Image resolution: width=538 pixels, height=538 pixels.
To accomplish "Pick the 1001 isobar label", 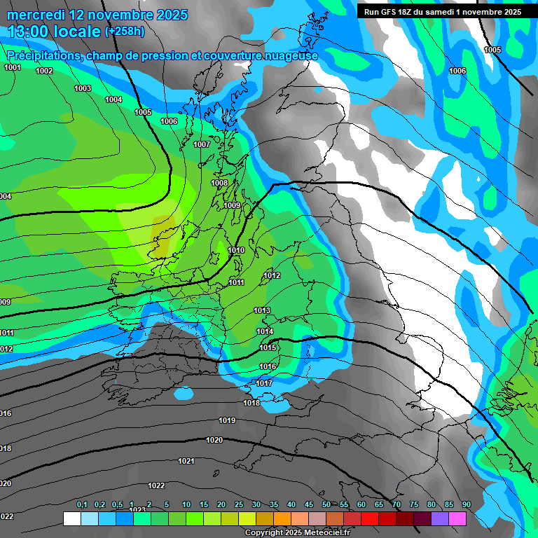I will click(x=13, y=67).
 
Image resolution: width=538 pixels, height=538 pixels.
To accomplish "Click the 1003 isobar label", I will click(x=83, y=88).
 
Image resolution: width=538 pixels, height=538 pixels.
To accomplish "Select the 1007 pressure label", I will click(x=202, y=144).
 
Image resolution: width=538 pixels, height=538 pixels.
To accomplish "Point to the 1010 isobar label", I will click(x=236, y=250).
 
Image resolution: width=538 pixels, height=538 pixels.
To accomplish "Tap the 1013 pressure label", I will click(x=262, y=310).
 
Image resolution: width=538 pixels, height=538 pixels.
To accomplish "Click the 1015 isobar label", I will click(x=268, y=347).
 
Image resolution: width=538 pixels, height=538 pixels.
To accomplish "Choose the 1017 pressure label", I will click(x=264, y=383).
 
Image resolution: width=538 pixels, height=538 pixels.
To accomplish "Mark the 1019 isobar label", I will click(x=227, y=420).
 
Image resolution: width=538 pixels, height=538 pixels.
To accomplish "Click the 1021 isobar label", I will click(x=186, y=461).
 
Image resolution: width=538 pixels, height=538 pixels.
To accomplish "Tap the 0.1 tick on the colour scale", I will click(x=82, y=505).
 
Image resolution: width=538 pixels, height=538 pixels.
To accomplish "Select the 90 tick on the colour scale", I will click(x=467, y=505).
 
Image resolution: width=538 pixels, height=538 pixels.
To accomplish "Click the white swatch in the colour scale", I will click(x=71, y=518).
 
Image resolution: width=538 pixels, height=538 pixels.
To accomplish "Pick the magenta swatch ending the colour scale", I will click(x=457, y=518).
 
